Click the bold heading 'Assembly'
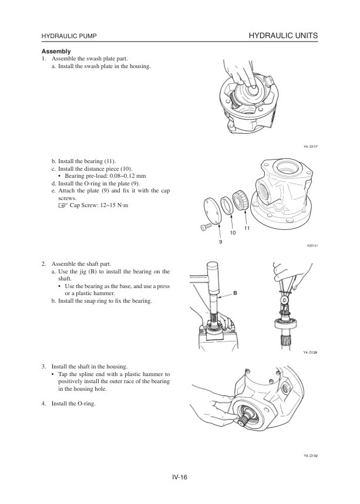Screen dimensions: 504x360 pyautogui.click(x=56, y=51)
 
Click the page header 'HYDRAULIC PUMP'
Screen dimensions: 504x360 pyautogui.click(x=69, y=37)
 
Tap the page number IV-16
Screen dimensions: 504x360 pyautogui.click(x=180, y=476)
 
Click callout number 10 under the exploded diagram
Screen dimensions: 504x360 pyautogui.click(x=233, y=233)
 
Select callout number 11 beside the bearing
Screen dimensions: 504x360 pyautogui.click(x=247, y=228)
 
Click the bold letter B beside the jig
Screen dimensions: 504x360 pyautogui.click(x=234, y=292)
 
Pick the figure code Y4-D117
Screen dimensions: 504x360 pyautogui.click(x=310, y=146)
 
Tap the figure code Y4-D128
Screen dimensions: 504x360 pyautogui.click(x=310, y=353)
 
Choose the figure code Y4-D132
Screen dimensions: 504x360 pyautogui.click(x=310, y=455)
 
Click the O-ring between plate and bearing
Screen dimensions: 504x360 pyautogui.click(x=226, y=206)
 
